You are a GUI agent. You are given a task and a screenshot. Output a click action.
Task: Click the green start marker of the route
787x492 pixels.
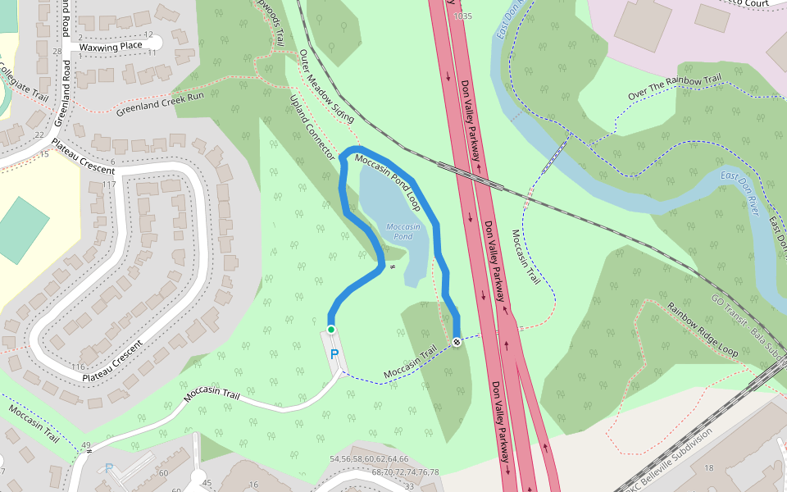coord(331,330)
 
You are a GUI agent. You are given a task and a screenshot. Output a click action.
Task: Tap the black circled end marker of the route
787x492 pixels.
coord(456,342)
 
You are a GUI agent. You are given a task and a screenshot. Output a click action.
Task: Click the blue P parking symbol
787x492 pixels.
coord(334,354)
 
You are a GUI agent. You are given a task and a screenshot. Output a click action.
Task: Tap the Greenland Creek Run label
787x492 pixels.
coord(160,103)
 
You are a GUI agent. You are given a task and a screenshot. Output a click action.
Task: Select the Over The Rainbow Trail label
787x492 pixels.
coord(676,88)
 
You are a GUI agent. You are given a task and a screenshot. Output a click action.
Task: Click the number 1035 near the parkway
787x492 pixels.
coord(463,16)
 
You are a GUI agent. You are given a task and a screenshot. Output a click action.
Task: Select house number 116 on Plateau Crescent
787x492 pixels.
coord(79,366)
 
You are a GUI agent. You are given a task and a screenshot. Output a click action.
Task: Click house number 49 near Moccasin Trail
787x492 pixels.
coord(85,445)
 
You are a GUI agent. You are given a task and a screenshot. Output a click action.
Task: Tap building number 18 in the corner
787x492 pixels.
coord(709,468)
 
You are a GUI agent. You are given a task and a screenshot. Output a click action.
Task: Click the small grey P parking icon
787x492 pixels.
coord(108,468)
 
